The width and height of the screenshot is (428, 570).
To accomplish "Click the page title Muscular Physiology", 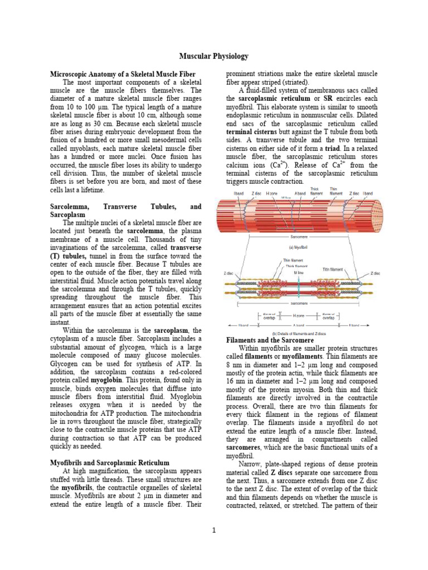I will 213,56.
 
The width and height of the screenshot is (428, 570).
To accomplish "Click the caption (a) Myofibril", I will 299,247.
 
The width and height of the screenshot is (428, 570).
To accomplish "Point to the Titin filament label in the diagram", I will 333,269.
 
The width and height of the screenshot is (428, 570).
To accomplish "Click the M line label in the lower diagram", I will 299,273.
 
